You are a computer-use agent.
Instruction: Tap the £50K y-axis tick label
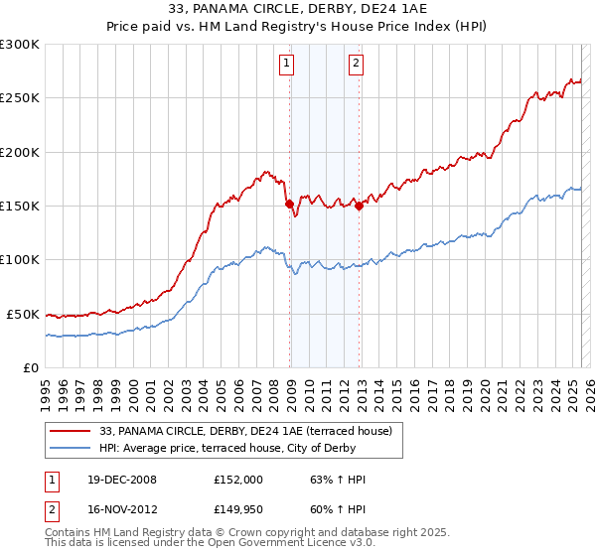click(23, 314)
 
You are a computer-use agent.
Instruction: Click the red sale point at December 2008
click(290, 204)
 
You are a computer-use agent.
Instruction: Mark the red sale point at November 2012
click(360, 206)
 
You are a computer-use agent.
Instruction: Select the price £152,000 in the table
click(237, 480)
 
